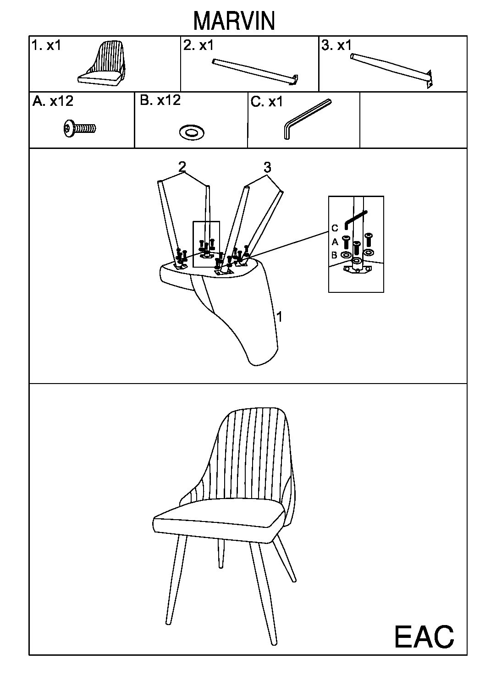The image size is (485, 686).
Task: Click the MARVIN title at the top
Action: click(x=234, y=21)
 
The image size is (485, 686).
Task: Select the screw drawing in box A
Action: click(x=80, y=128)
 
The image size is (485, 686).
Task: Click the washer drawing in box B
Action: click(x=192, y=132)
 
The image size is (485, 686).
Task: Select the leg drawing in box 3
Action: click(x=392, y=71)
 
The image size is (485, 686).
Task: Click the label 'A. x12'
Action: click(x=53, y=101)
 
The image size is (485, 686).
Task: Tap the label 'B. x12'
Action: click(x=160, y=100)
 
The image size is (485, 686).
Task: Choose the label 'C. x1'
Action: click(x=266, y=102)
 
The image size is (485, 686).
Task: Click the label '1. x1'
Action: click(x=47, y=45)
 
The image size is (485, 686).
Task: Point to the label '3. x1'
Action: click(x=336, y=45)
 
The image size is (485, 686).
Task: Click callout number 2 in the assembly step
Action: click(x=182, y=167)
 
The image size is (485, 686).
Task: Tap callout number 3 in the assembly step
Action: click(x=267, y=168)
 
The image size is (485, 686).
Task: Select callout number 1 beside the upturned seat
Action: click(x=279, y=316)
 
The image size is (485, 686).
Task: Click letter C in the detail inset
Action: click(x=335, y=228)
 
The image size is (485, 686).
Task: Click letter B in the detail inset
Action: click(x=334, y=255)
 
